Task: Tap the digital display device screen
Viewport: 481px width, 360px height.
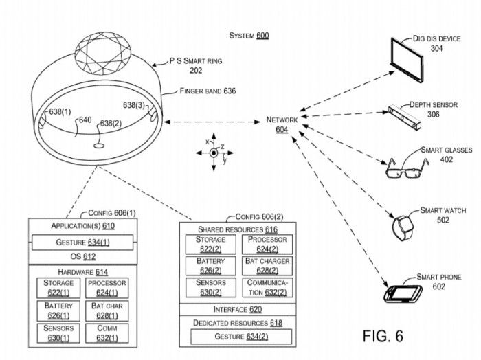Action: tap(407, 60)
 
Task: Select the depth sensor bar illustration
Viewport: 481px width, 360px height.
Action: tap(405, 117)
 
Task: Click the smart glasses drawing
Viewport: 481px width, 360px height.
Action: tap(407, 169)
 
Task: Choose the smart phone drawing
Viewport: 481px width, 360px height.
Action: tap(403, 294)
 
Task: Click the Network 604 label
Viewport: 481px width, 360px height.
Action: tap(282, 124)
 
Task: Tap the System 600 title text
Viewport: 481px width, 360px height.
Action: tap(249, 36)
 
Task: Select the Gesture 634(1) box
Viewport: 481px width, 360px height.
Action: tap(82, 243)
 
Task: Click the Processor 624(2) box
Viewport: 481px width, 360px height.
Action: tap(267, 245)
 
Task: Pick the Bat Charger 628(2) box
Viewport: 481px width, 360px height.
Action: tap(267, 266)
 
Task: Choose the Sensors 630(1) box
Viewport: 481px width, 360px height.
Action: tap(58, 333)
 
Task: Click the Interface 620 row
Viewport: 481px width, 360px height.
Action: tap(238, 310)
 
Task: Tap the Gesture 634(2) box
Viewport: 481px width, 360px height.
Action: tap(241, 337)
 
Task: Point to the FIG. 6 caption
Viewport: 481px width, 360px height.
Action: tap(383, 336)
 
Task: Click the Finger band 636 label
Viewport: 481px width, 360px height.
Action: tap(208, 91)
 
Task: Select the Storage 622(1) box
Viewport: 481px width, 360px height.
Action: tap(58, 288)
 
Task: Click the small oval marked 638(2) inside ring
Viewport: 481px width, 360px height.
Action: tap(99, 146)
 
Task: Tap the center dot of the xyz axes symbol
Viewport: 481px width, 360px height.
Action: tap(214, 153)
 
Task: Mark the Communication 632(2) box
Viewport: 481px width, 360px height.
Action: tap(267, 288)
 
